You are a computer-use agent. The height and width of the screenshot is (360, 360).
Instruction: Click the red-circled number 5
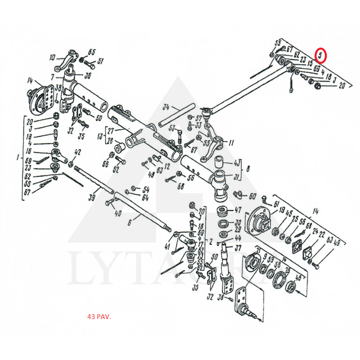click(x=320, y=55)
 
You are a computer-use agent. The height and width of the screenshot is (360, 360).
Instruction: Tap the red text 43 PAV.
click(x=99, y=316)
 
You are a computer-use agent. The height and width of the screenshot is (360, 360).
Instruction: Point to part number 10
click(x=52, y=58)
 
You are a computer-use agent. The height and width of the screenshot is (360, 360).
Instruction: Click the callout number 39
click(x=91, y=197)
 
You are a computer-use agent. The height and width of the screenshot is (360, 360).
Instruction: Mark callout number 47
click(x=238, y=210)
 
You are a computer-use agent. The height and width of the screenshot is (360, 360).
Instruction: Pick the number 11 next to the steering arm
click(x=231, y=143)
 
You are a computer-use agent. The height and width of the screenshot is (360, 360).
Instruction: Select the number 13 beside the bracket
click(x=101, y=136)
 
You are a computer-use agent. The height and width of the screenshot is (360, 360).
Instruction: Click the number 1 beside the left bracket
click(x=18, y=158)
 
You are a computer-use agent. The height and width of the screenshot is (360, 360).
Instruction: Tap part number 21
click(x=257, y=250)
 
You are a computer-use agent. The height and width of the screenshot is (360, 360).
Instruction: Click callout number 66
click(x=105, y=165)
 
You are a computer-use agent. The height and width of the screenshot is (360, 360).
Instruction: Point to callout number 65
click(x=92, y=51)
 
